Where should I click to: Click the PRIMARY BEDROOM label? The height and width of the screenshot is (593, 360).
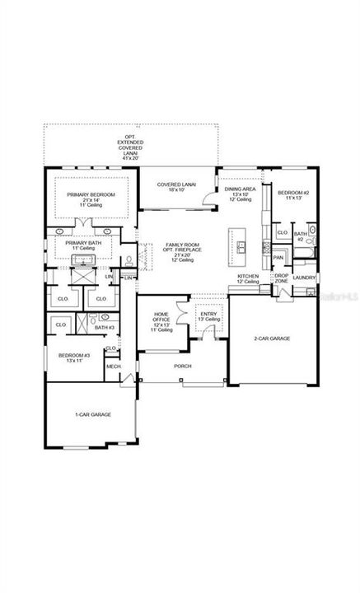pyautogui.click(x=91, y=194)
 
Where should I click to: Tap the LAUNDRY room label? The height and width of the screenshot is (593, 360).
pyautogui.click(x=304, y=278)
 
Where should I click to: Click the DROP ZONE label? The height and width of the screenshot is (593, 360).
pyautogui.click(x=281, y=278)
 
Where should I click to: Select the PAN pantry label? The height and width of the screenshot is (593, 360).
pyautogui.click(x=278, y=257)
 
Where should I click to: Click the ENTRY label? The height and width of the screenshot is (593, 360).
pyautogui.click(x=207, y=314)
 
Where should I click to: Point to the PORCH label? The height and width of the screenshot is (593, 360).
pyautogui.click(x=182, y=367)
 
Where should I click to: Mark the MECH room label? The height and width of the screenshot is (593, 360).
pyautogui.click(x=113, y=367)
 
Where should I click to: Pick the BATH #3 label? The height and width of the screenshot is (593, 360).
pyautogui.click(x=104, y=328)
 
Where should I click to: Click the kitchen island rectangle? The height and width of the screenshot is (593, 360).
pyautogui.click(x=242, y=246)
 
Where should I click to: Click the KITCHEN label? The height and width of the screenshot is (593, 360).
pyautogui.click(x=248, y=278)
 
